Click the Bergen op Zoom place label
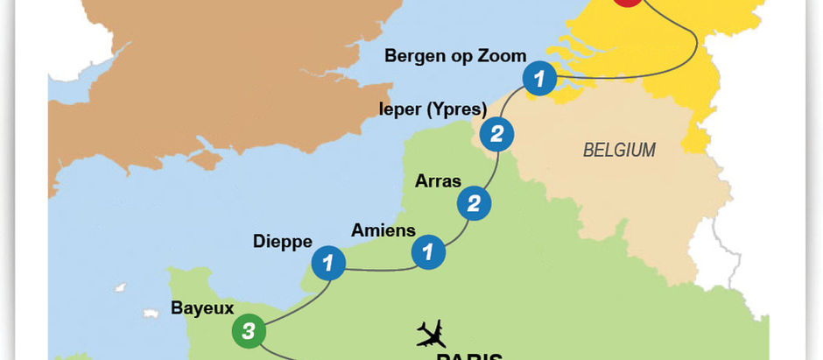point(455,55)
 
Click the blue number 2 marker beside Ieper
point(496,136)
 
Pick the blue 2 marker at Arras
point(474,204)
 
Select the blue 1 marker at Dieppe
point(328,262)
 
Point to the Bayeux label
point(202,307)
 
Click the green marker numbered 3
point(249,331)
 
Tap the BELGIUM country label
point(619,150)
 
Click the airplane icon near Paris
point(431,333)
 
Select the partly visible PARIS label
point(469,356)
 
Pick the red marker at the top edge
point(628,3)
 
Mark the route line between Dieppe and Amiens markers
point(378,268)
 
